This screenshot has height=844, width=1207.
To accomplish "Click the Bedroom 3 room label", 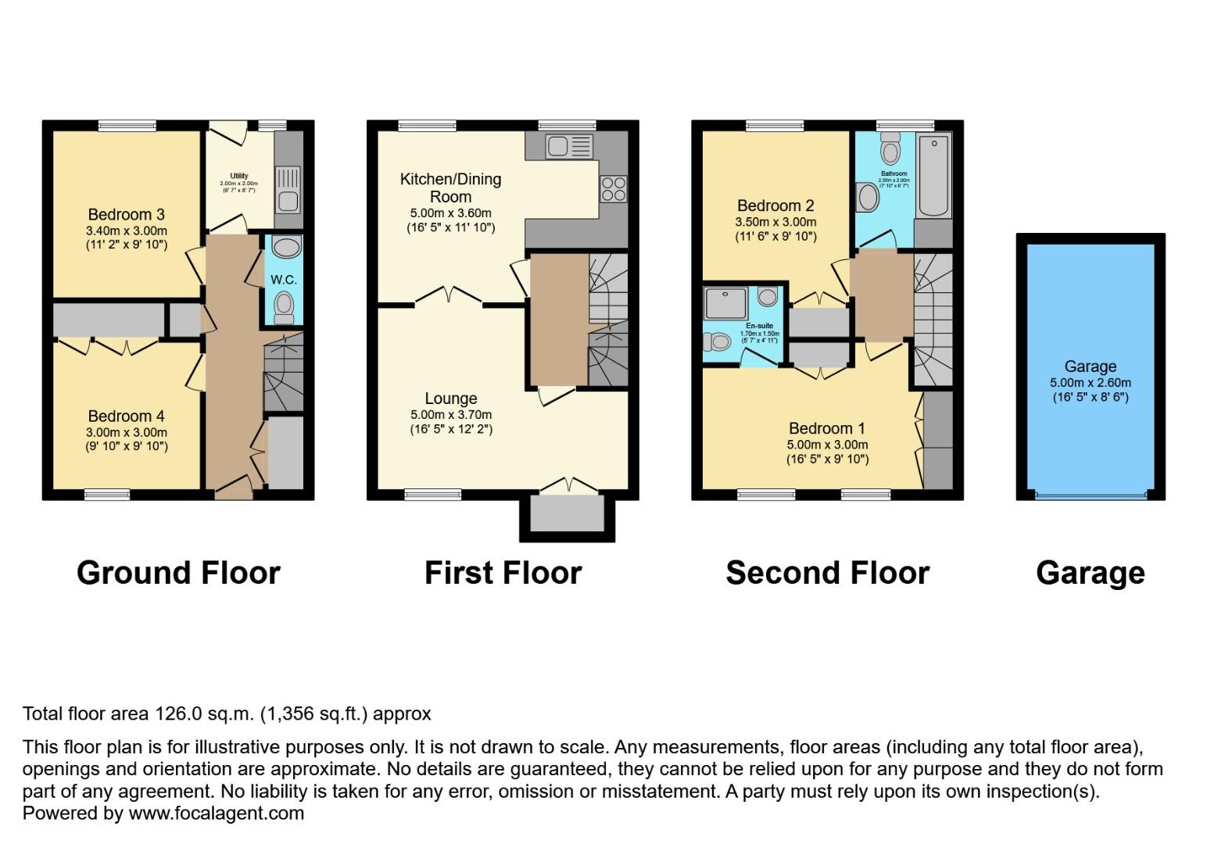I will click(126, 215).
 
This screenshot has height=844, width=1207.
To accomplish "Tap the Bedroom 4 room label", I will click(126, 417).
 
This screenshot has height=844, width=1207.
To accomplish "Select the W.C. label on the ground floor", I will click(283, 280).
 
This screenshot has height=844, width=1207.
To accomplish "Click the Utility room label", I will click(238, 176).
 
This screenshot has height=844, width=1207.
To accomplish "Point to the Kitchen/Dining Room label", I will click(450, 188).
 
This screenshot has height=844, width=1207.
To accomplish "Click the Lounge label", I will click(450, 399).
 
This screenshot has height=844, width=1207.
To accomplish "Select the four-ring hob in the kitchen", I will click(612, 189).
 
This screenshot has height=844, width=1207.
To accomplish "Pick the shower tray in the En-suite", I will click(726, 302).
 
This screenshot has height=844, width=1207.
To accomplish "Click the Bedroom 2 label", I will click(775, 206).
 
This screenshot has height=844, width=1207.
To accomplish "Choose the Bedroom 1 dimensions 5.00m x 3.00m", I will click(827, 445).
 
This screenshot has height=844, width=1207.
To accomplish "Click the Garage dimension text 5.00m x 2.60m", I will click(1090, 383).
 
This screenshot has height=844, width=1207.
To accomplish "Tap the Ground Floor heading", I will click(178, 573).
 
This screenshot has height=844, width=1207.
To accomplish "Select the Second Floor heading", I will click(827, 573).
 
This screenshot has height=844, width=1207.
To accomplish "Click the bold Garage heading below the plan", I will click(1090, 573).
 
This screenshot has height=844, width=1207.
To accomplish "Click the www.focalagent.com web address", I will click(216, 813).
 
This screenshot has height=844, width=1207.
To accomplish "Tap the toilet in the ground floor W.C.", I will click(284, 306).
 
